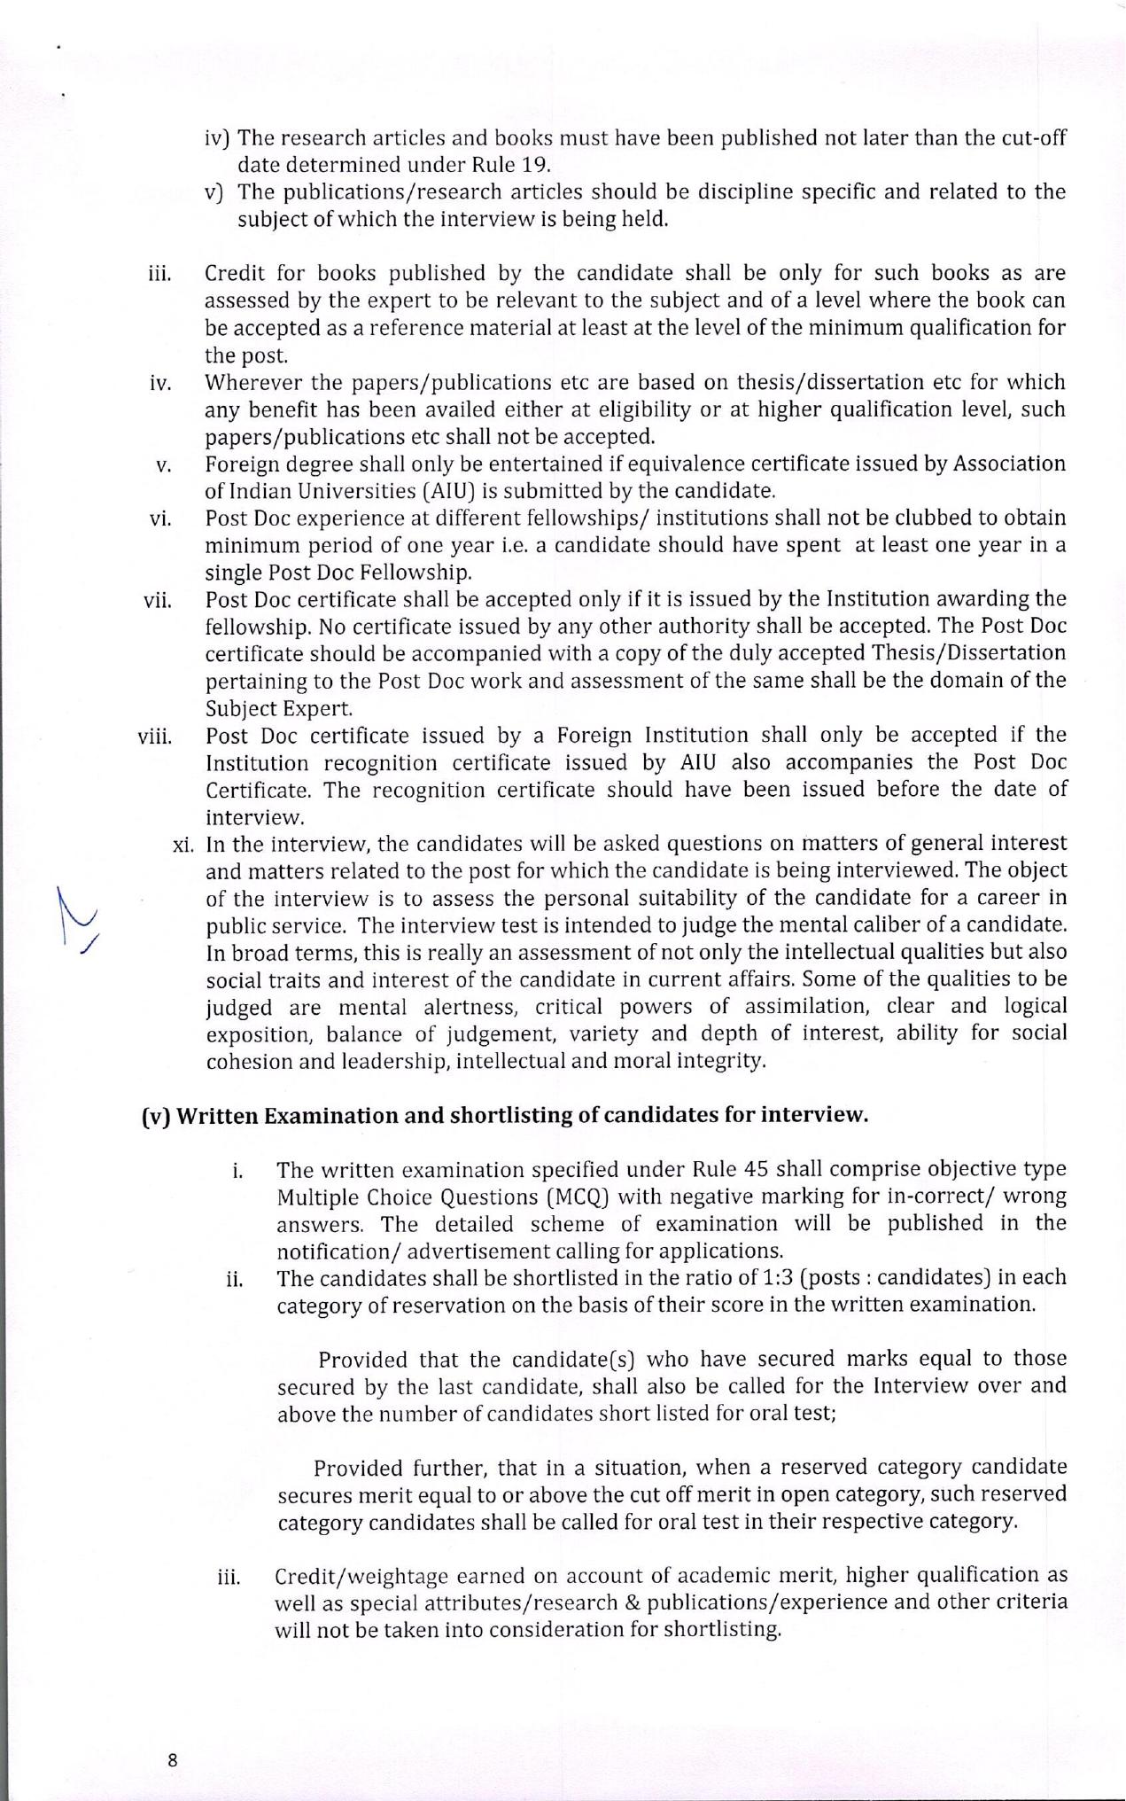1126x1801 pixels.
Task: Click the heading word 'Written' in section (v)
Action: click(218, 1115)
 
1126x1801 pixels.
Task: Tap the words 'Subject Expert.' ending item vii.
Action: click(279, 708)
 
